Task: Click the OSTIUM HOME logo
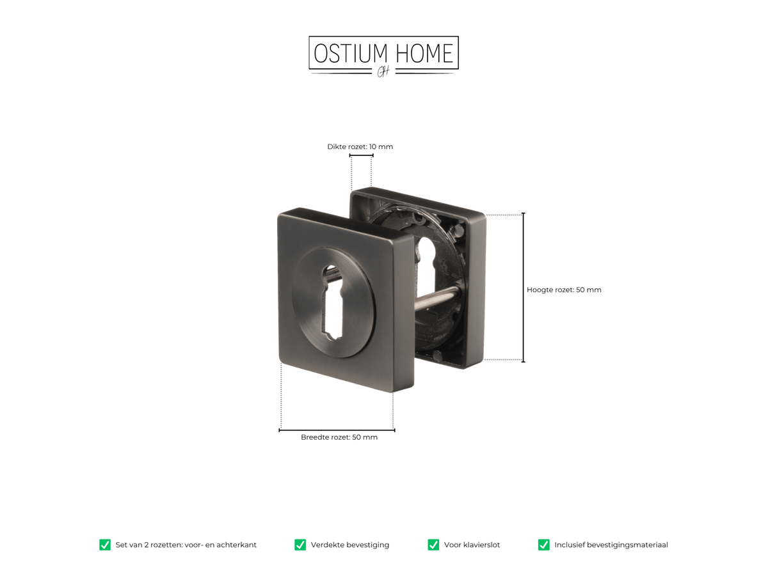click(x=383, y=56)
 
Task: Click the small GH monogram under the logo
click(x=383, y=72)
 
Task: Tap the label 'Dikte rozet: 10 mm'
click(x=360, y=146)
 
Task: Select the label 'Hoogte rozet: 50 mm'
click(x=564, y=290)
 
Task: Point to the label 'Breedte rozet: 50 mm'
click(x=339, y=437)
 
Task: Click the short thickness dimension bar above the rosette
click(x=361, y=155)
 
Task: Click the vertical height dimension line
click(x=523, y=287)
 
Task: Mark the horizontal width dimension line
click(x=337, y=430)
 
